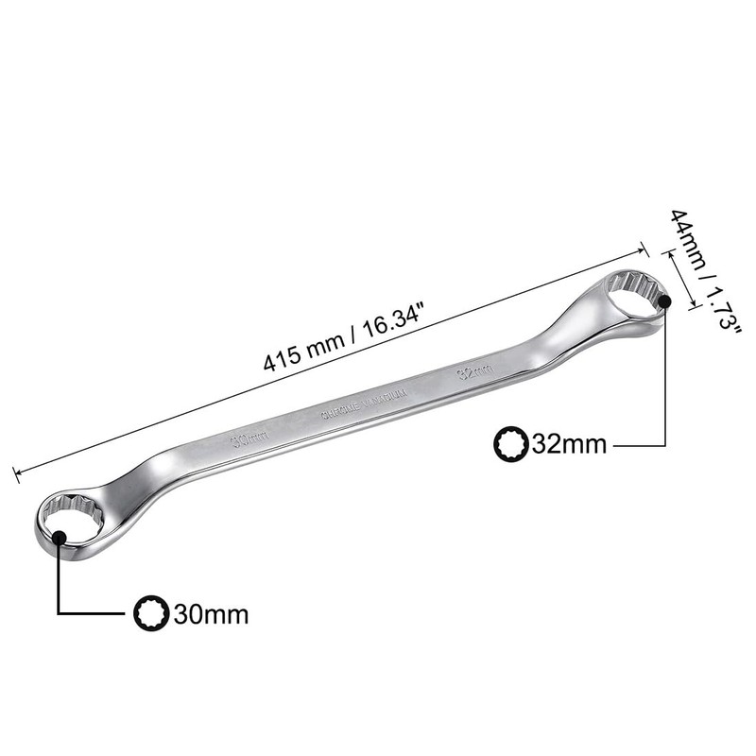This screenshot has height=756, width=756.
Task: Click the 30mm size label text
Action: (x=211, y=614)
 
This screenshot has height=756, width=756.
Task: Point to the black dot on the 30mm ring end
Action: (x=60, y=538)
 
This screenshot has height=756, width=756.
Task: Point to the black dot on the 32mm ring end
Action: (x=665, y=301)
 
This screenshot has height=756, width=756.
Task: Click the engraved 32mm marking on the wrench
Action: (x=473, y=369)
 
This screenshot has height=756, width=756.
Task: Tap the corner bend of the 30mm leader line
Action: (x=60, y=613)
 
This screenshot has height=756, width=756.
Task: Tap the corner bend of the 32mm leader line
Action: (x=665, y=443)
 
